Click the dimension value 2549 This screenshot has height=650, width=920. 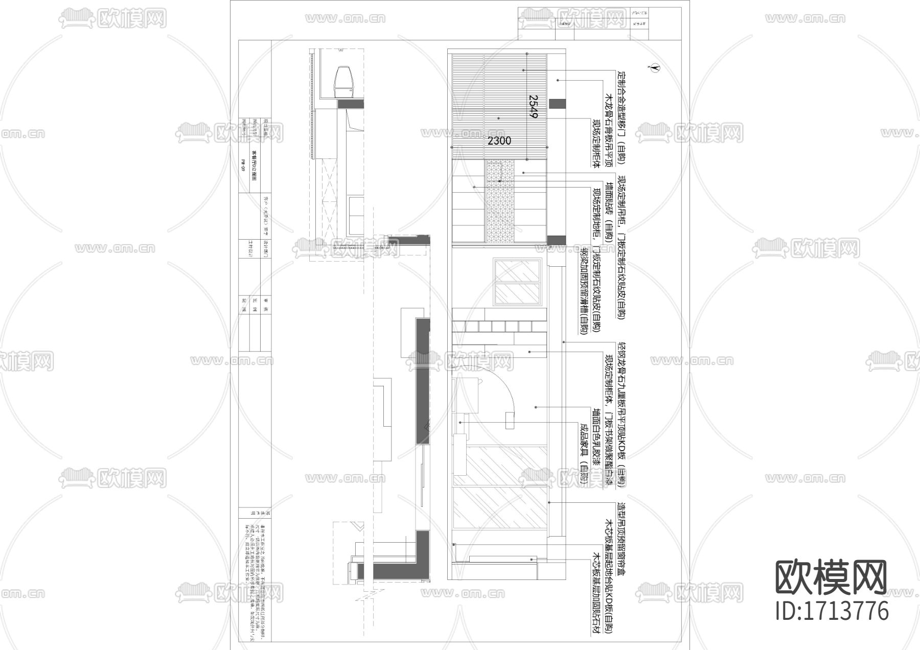(x=533, y=106)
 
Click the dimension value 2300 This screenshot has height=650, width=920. (x=499, y=141)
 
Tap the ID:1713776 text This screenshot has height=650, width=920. (x=832, y=611)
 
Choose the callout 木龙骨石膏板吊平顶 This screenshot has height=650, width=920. (x=608, y=131)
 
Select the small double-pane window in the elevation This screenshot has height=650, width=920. (x=517, y=282)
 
